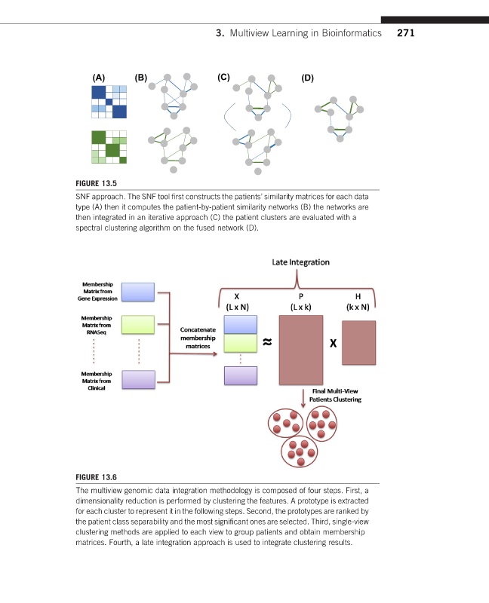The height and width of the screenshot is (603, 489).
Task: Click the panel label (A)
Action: [x=98, y=77]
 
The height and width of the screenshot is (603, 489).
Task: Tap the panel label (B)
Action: [x=140, y=77]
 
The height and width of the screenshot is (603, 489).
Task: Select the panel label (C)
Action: [x=223, y=77]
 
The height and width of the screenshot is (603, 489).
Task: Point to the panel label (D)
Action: [x=306, y=77]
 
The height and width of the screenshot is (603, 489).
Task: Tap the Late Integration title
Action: [x=300, y=262]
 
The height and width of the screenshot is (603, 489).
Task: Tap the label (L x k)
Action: [x=300, y=307]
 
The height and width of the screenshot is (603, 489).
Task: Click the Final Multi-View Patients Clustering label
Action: [x=337, y=395]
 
